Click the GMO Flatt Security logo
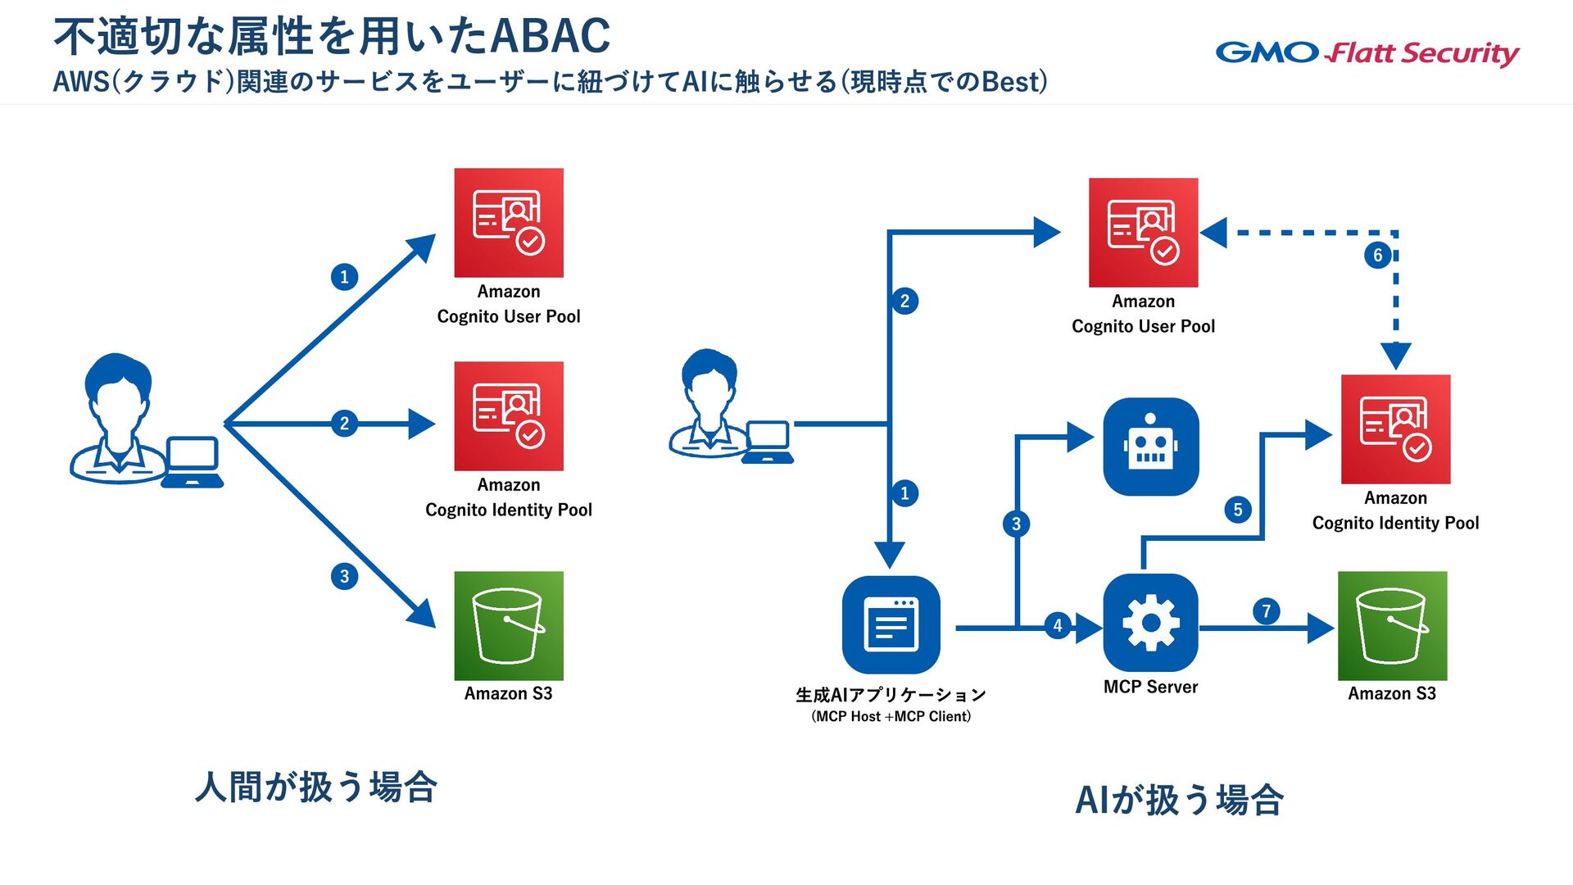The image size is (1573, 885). (1367, 53)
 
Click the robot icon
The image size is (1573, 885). (1151, 447)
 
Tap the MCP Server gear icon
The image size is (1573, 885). (1151, 623)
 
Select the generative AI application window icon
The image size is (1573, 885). (891, 624)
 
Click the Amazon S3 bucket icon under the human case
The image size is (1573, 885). (509, 626)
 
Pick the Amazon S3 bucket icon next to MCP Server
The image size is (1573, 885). (1393, 626)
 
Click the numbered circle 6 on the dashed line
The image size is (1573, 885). (1378, 255)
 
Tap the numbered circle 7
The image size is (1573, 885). (1267, 610)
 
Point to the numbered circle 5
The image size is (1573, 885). (1238, 510)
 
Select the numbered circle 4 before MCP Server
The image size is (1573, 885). (1058, 626)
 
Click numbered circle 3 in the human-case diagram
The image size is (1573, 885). (344, 576)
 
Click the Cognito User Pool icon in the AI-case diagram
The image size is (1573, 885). (1144, 233)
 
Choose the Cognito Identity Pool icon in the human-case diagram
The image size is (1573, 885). (509, 416)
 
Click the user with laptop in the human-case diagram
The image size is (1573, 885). (147, 420)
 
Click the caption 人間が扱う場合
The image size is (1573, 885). (316, 787)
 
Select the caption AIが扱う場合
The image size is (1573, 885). (1179, 800)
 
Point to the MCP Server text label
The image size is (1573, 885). (1150, 687)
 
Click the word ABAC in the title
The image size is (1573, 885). (551, 36)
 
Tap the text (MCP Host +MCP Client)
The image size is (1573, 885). (891, 716)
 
